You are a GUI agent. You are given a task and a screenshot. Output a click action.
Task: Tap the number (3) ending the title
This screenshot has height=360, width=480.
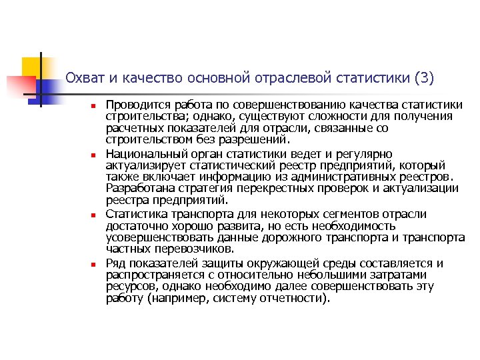coord(423,79)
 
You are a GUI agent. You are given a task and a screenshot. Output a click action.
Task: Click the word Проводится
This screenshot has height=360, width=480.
coord(135,105)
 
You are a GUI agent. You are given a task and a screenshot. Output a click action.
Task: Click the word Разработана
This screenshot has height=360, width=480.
coord(139,189)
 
